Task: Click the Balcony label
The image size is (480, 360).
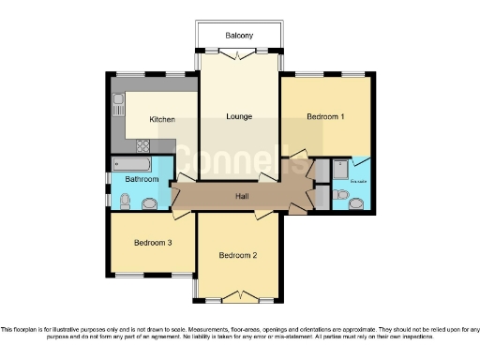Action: point(239,36)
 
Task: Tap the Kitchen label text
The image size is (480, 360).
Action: point(137,120)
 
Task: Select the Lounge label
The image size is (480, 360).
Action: point(239,116)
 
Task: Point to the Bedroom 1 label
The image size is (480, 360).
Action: point(325,116)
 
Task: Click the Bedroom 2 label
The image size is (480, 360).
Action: point(238,255)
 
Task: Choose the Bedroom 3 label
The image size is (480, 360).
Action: point(152,242)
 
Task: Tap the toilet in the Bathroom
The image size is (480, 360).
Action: point(125,199)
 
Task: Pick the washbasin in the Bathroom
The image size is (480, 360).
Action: point(150,202)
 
